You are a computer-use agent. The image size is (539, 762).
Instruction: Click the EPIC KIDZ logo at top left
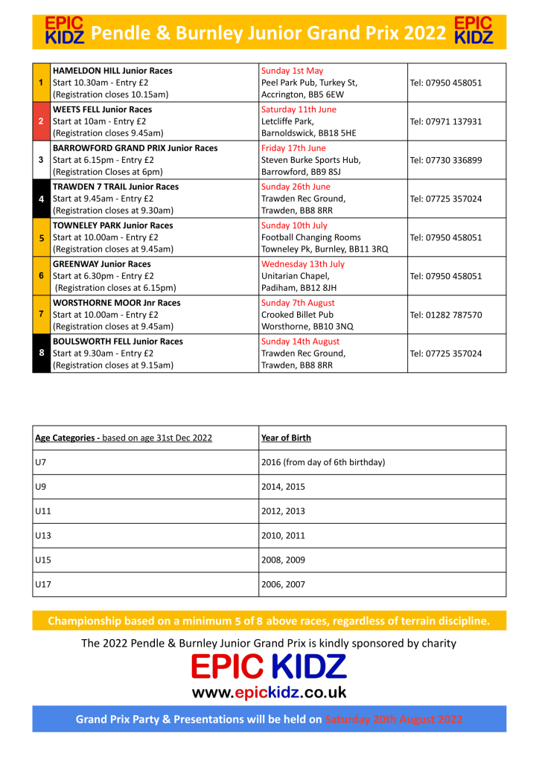click(65, 30)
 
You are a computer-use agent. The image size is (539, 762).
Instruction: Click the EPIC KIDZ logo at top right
click(473, 30)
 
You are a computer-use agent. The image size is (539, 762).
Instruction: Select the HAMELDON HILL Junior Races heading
click(112, 71)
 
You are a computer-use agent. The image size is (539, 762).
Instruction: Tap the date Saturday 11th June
click(299, 109)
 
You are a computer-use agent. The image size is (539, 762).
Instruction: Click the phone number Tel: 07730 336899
click(446, 160)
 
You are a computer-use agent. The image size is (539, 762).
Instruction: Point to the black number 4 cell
click(41, 199)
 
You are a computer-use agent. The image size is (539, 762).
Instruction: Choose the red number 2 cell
click(41, 121)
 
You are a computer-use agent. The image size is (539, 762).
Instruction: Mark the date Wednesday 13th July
click(303, 264)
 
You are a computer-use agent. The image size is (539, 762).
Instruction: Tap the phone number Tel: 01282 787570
click(446, 315)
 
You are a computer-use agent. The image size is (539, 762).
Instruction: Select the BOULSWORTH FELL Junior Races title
click(118, 342)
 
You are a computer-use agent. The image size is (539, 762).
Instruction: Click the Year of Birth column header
click(287, 438)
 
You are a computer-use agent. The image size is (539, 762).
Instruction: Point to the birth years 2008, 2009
click(284, 560)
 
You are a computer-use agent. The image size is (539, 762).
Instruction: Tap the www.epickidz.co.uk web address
click(269, 692)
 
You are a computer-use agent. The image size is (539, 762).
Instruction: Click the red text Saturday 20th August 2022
click(394, 720)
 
